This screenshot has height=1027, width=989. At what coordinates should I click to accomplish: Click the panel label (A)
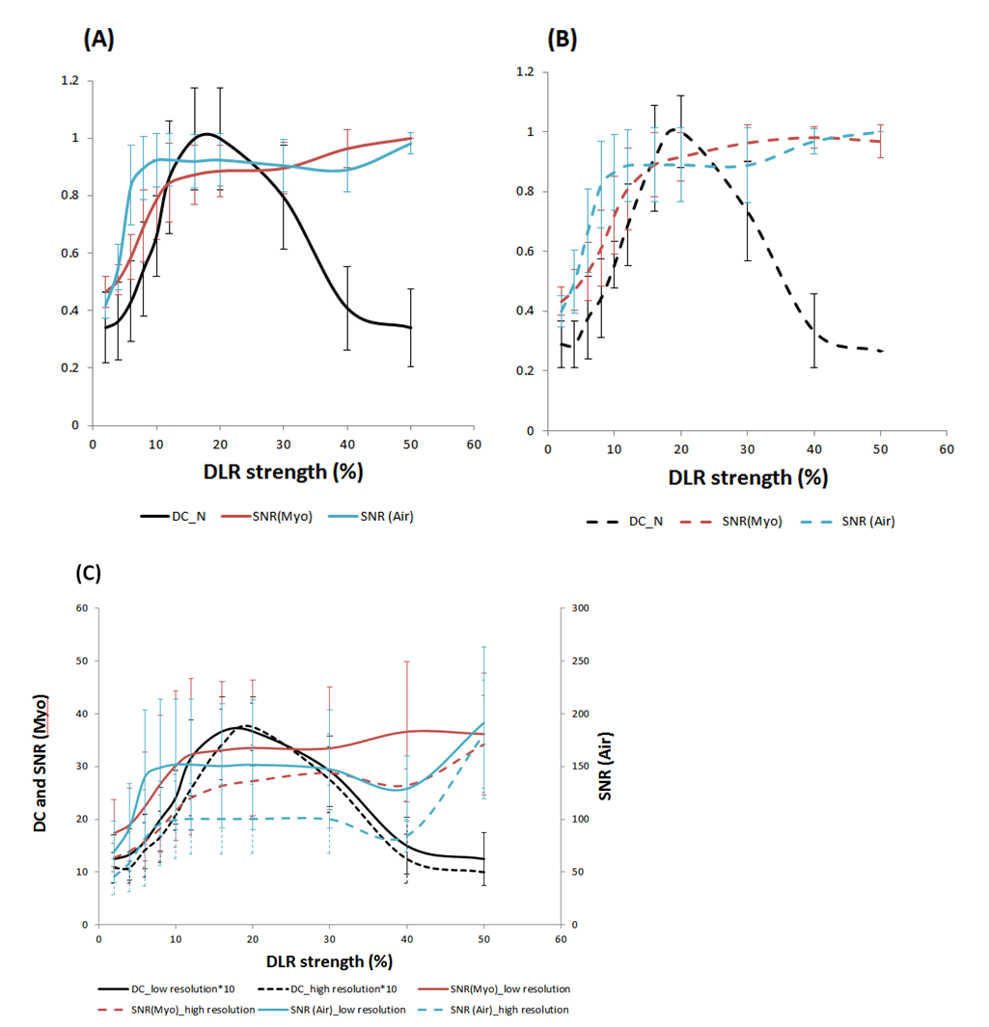pos(99,39)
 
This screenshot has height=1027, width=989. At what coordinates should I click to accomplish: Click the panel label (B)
pos(563,39)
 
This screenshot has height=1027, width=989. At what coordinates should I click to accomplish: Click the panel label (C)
pos(89,572)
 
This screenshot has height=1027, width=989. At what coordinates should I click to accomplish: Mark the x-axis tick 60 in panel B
pos(947,450)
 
